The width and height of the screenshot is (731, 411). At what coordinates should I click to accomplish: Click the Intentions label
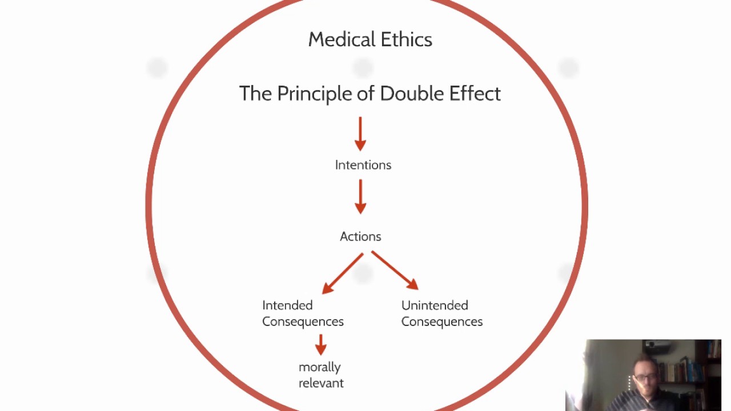[x=363, y=165]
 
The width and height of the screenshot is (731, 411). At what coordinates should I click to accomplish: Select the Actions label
[x=360, y=236]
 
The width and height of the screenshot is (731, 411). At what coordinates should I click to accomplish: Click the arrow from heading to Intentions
[x=360, y=134]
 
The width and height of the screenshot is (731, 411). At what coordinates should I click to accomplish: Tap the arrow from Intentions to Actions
[x=360, y=196]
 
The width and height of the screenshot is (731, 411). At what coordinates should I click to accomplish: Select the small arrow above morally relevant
[x=321, y=345]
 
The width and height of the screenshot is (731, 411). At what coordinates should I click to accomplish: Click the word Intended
[x=287, y=305]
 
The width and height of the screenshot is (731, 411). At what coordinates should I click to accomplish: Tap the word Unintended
[x=435, y=305]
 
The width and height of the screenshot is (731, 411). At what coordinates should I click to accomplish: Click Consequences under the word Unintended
[x=442, y=321]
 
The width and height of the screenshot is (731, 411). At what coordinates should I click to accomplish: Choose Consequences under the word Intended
[x=303, y=321]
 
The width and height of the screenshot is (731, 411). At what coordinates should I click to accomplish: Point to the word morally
[x=320, y=367]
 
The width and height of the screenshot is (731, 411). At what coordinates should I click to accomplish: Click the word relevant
[x=321, y=383]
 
